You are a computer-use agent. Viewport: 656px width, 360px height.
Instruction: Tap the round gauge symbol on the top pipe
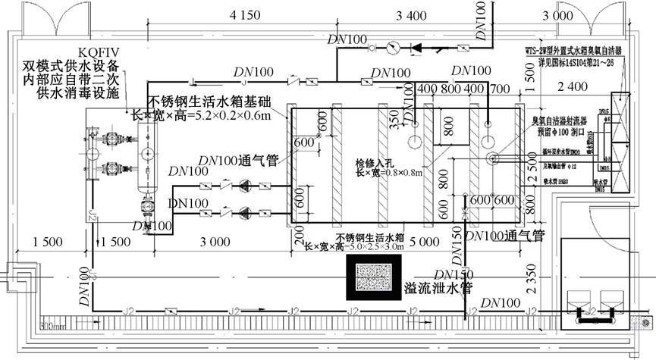point(391,49)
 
